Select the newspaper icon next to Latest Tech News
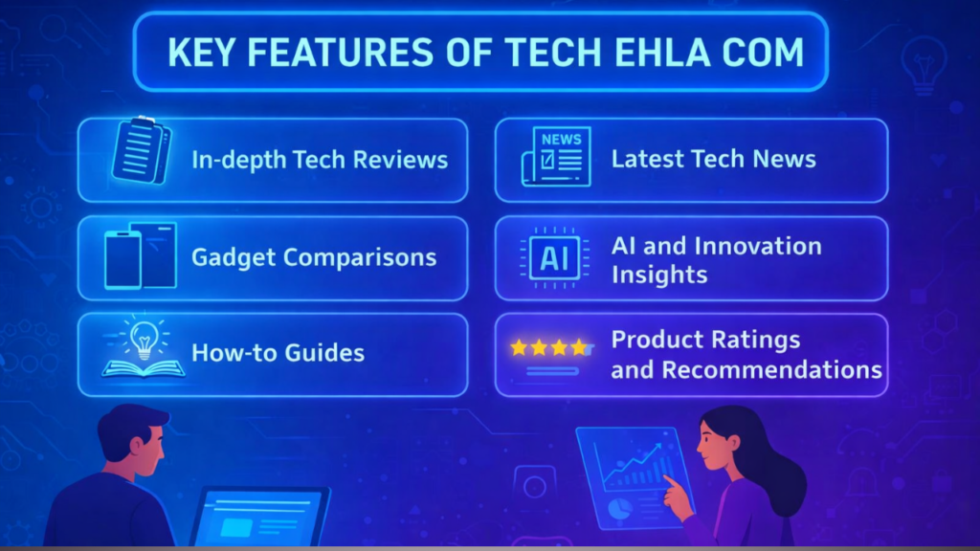555,156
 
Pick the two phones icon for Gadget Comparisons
140,254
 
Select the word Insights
658,275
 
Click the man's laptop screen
256,519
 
